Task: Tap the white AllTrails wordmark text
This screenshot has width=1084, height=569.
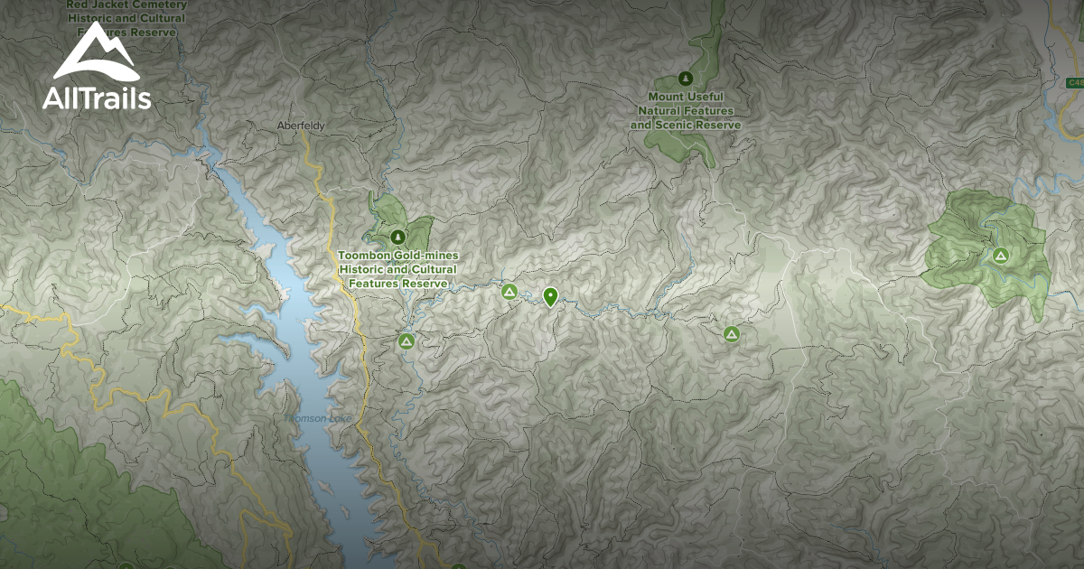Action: [97, 98]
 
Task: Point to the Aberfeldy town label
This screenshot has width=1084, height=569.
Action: [301, 126]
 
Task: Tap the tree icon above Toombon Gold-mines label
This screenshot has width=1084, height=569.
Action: [397, 237]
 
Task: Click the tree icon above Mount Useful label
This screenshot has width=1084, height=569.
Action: [686, 78]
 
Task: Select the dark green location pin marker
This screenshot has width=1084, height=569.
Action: [550, 296]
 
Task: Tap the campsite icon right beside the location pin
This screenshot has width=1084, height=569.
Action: [509, 292]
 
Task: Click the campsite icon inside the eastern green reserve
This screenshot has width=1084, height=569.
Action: [1000, 256]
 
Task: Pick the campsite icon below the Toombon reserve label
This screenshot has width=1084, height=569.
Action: [406, 341]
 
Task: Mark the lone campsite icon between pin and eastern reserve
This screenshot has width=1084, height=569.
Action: [732, 334]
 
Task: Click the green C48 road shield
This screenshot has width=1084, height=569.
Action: [1074, 83]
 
